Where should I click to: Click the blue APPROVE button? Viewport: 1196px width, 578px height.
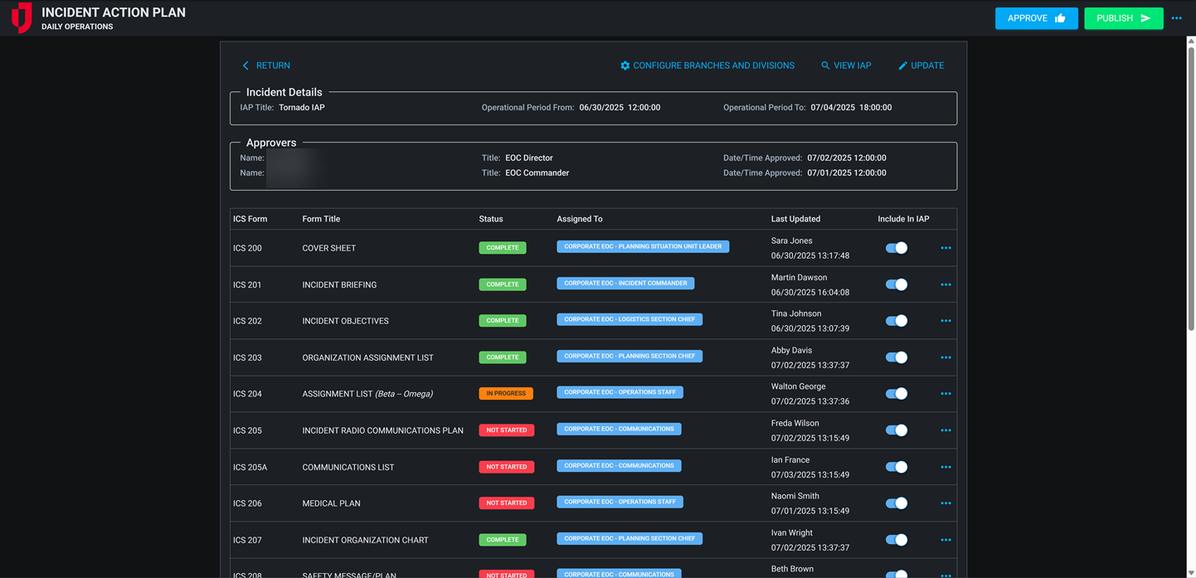(1036, 18)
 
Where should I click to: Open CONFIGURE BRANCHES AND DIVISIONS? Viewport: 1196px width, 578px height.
(707, 66)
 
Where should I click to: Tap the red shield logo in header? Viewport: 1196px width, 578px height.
(22, 17)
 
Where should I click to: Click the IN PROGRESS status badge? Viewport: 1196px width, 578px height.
(505, 394)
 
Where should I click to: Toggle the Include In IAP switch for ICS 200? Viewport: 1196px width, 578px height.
(896, 248)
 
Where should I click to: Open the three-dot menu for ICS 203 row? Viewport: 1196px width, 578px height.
(946, 357)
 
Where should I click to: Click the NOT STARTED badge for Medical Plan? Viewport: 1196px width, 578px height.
(506, 503)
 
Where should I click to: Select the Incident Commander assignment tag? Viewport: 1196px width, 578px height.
(625, 284)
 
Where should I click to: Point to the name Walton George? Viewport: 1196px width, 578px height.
(798, 386)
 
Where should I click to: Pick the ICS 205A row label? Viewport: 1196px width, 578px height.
(250, 467)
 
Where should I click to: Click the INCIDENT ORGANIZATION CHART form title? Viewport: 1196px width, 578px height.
(365, 540)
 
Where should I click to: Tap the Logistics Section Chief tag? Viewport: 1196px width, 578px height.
(629, 320)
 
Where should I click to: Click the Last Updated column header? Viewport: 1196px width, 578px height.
(795, 219)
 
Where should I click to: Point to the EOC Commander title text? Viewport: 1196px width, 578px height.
(537, 173)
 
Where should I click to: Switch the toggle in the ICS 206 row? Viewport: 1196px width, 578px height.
(896, 503)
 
